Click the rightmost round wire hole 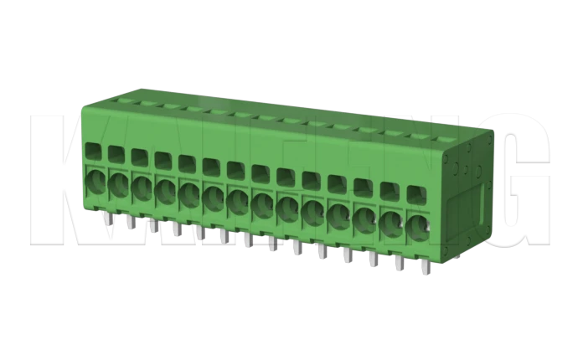pyautogui.click(x=416, y=226)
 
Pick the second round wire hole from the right pyautogui.click(x=390, y=222)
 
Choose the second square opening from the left pyautogui.click(x=116, y=154)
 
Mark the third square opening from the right pyautogui.click(x=363, y=185)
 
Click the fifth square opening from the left pyautogui.click(x=187, y=162)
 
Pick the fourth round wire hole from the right pyautogui.click(x=339, y=214)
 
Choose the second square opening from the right pyautogui.click(x=390, y=188)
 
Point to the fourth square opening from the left pyautogui.click(x=163, y=160)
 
